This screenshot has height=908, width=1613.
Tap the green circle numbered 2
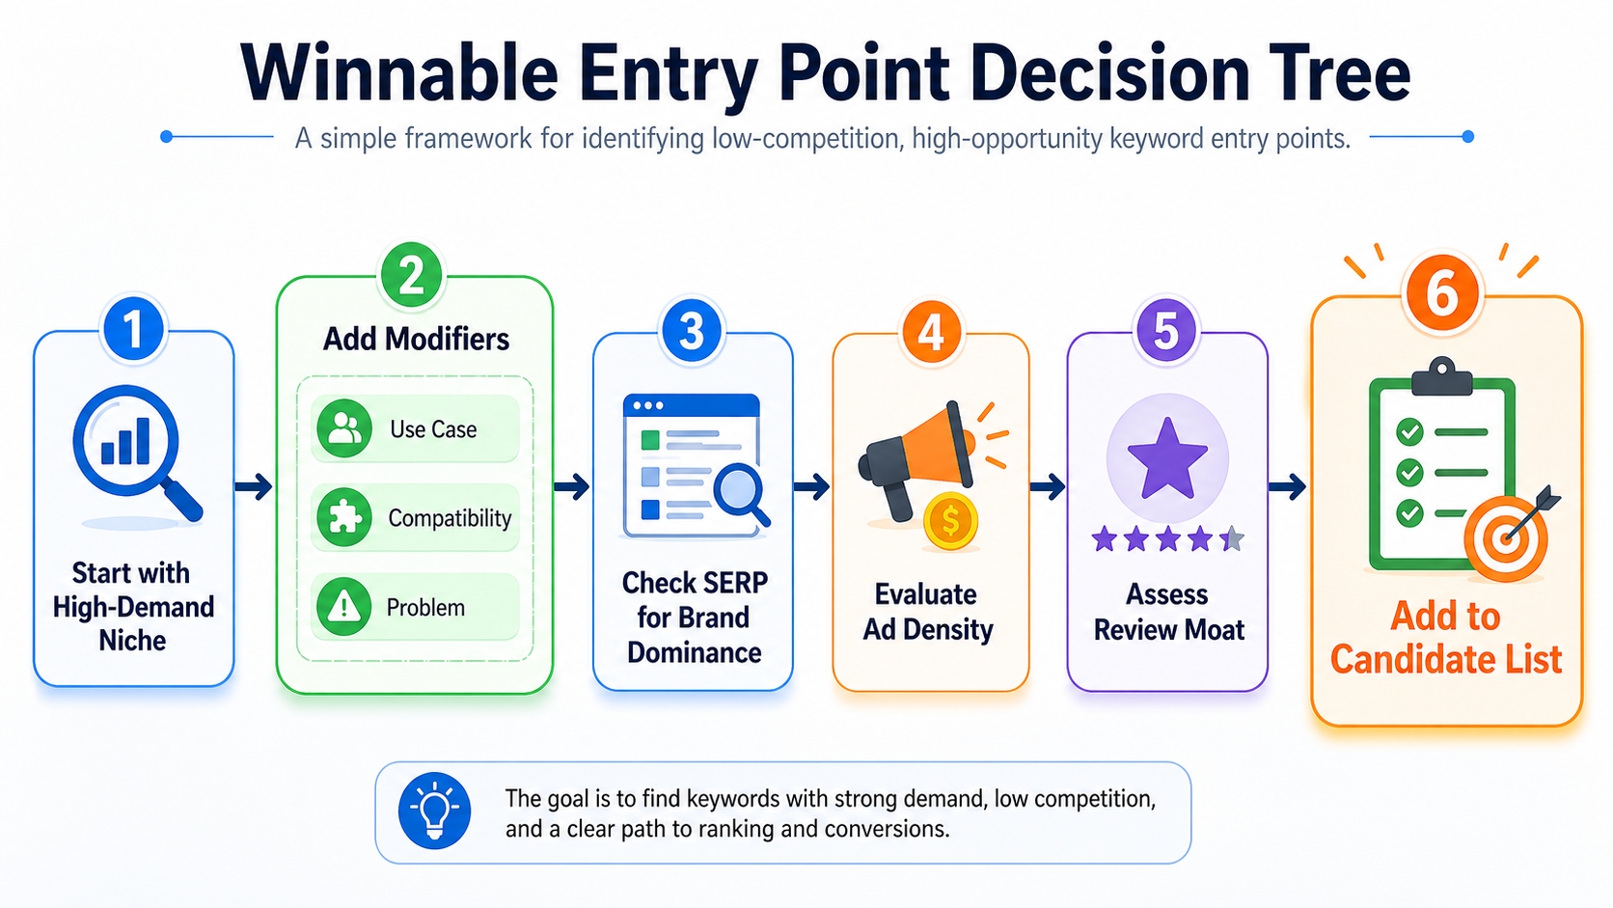[411, 275]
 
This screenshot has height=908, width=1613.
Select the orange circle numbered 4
[930, 332]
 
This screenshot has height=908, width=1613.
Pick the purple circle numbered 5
[1166, 331]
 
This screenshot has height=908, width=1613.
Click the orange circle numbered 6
[1441, 293]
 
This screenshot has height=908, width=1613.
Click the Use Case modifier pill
[416, 428]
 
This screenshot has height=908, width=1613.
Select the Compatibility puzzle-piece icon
[344, 518]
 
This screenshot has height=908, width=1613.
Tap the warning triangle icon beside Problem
[344, 607]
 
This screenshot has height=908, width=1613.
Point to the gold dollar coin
[950, 521]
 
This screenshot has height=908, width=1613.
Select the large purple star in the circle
[1167, 458]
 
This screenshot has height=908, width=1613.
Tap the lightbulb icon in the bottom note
[435, 812]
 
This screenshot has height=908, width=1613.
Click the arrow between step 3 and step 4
[812, 486]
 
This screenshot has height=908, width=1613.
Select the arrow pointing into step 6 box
[1288, 486]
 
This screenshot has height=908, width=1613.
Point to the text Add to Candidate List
[1445, 638]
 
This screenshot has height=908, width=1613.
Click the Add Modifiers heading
[416, 339]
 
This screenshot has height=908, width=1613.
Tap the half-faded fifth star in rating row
[1231, 539]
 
